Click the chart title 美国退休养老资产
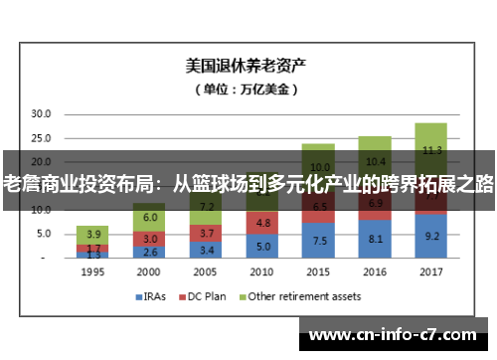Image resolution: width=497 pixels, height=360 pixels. coord(247,67)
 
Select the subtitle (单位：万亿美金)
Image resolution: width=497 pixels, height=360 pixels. coord(247,90)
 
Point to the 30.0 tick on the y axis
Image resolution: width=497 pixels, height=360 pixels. coord(40,114)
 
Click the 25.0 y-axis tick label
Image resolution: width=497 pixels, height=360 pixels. coord(40,138)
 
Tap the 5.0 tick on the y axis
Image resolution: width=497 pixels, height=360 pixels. coord(40,234)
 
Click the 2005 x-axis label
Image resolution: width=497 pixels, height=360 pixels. coord(204,271)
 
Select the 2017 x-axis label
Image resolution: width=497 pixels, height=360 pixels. coord(431,271)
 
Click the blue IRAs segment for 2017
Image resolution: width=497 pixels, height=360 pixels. coord(431,236)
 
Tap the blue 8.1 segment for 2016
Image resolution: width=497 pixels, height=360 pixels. coord(375,239)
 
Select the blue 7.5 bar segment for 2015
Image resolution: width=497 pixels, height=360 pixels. coord(318,240)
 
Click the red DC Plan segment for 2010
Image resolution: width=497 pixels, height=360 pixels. coord(261,223)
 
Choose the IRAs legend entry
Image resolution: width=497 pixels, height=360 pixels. coord(151,296)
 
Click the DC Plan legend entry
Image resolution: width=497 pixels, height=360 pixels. coord(204,296)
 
